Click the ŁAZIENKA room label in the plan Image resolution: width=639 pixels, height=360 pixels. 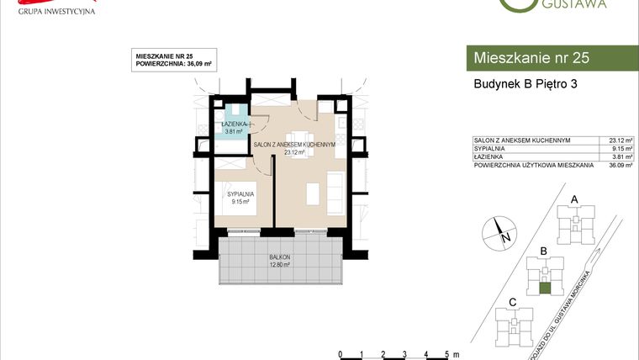coord(233,124)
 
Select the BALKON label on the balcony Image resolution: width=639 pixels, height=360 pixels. coord(279,257)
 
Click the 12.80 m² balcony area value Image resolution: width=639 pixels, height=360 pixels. coord(279,264)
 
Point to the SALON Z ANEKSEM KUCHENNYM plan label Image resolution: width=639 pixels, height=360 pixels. coord(294,145)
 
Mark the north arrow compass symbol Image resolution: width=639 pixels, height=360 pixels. coord(499,230)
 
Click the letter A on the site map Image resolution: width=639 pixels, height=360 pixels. coord(575,199)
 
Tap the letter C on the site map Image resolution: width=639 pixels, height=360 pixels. coord(512,301)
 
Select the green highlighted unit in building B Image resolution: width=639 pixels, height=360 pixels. coord(545,289)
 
